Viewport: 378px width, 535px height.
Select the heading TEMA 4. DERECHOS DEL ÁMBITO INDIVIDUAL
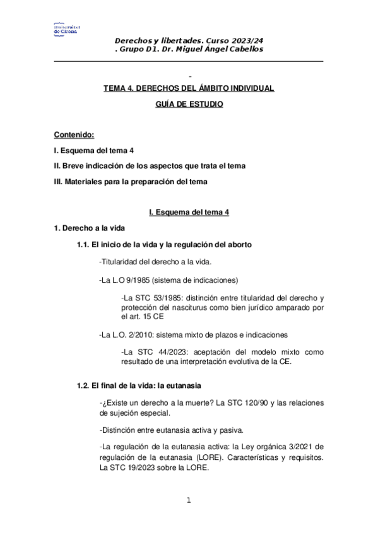coord(189,89)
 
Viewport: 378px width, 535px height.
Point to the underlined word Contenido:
coord(74,135)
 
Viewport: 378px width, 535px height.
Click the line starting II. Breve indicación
coord(149,166)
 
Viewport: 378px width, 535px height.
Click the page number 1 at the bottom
coord(189,500)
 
